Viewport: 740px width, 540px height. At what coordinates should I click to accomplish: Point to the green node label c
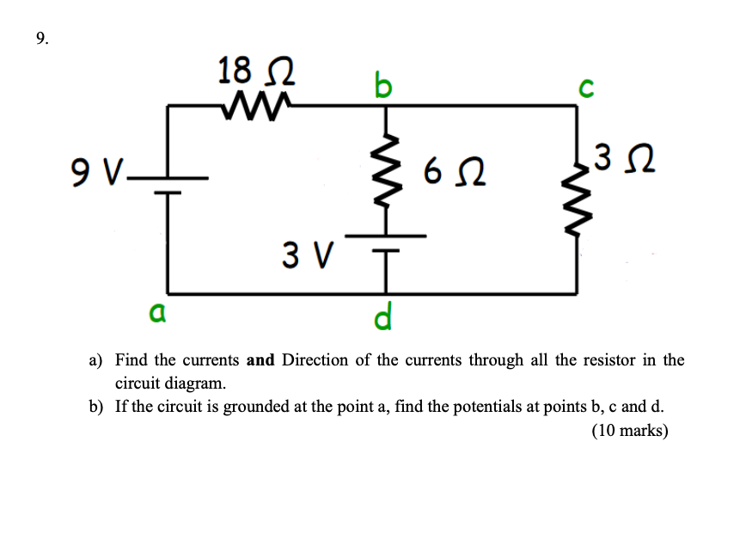[x=586, y=89]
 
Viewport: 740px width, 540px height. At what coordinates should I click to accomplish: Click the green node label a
[x=156, y=313]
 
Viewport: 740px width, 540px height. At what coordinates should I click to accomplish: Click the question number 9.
[x=42, y=38]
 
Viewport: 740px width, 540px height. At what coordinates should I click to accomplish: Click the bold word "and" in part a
[x=260, y=360]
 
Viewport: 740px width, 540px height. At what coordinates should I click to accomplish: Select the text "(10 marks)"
[x=629, y=431]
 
